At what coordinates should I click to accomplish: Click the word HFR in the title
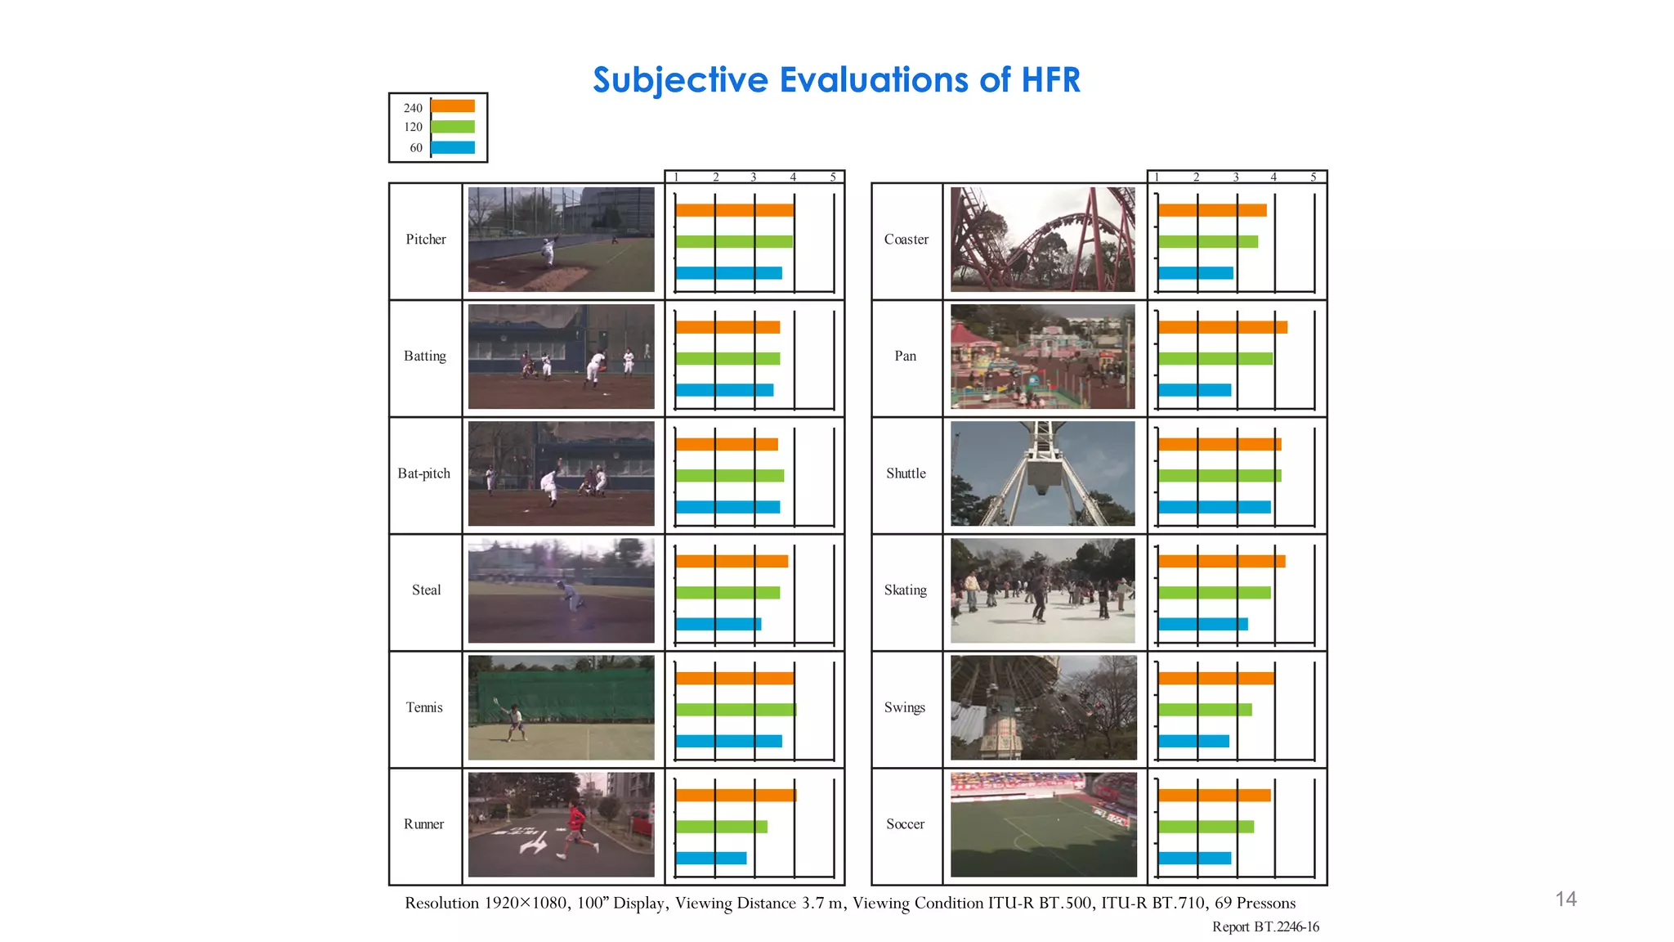click(1039, 80)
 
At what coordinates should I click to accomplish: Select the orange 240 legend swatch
click(453, 106)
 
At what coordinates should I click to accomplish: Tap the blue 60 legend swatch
click(453, 148)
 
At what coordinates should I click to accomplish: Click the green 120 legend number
click(413, 127)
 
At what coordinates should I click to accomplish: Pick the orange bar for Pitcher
click(734, 210)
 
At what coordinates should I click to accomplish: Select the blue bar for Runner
click(711, 858)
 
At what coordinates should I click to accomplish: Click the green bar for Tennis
click(736, 710)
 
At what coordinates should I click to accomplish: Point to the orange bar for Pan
click(1222, 327)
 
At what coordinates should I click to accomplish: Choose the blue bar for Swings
click(1193, 741)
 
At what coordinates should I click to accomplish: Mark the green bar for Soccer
click(1206, 827)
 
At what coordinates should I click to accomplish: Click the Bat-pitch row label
click(424, 473)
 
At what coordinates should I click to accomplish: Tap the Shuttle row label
click(906, 473)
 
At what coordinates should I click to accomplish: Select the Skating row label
click(906, 590)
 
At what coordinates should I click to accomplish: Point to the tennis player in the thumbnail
click(515, 720)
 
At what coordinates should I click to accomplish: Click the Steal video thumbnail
click(561, 590)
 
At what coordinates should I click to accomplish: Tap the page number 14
click(1565, 899)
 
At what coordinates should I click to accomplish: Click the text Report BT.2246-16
click(1265, 926)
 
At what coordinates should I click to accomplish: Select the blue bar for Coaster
click(1195, 273)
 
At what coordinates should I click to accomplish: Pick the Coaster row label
click(906, 240)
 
